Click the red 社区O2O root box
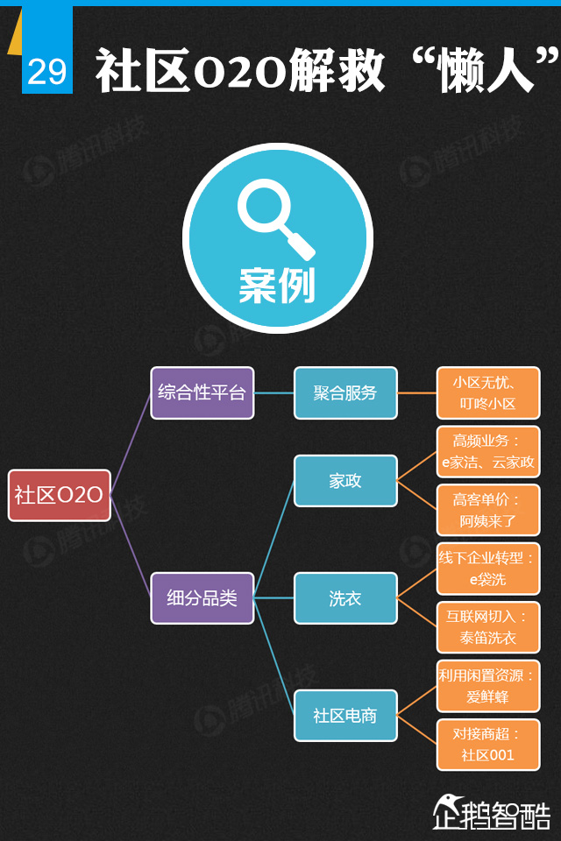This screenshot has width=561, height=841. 59,495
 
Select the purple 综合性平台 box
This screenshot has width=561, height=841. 202,392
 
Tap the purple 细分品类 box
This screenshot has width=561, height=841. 202,598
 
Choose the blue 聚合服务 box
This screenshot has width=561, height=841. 345,392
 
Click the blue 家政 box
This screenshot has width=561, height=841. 345,481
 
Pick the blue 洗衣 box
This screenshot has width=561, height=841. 345,598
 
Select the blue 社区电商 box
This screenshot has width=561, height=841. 345,716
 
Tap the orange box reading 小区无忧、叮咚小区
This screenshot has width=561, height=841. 488,393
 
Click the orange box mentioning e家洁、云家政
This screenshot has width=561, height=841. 488,451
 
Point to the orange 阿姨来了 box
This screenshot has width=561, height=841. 488,510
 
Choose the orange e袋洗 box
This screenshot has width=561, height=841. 488,569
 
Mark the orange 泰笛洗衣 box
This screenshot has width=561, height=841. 488,627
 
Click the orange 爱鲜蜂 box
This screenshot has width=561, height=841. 488,686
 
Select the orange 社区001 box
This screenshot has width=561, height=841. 488,745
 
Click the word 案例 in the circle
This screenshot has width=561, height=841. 277,285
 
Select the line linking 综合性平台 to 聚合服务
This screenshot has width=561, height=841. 273,392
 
